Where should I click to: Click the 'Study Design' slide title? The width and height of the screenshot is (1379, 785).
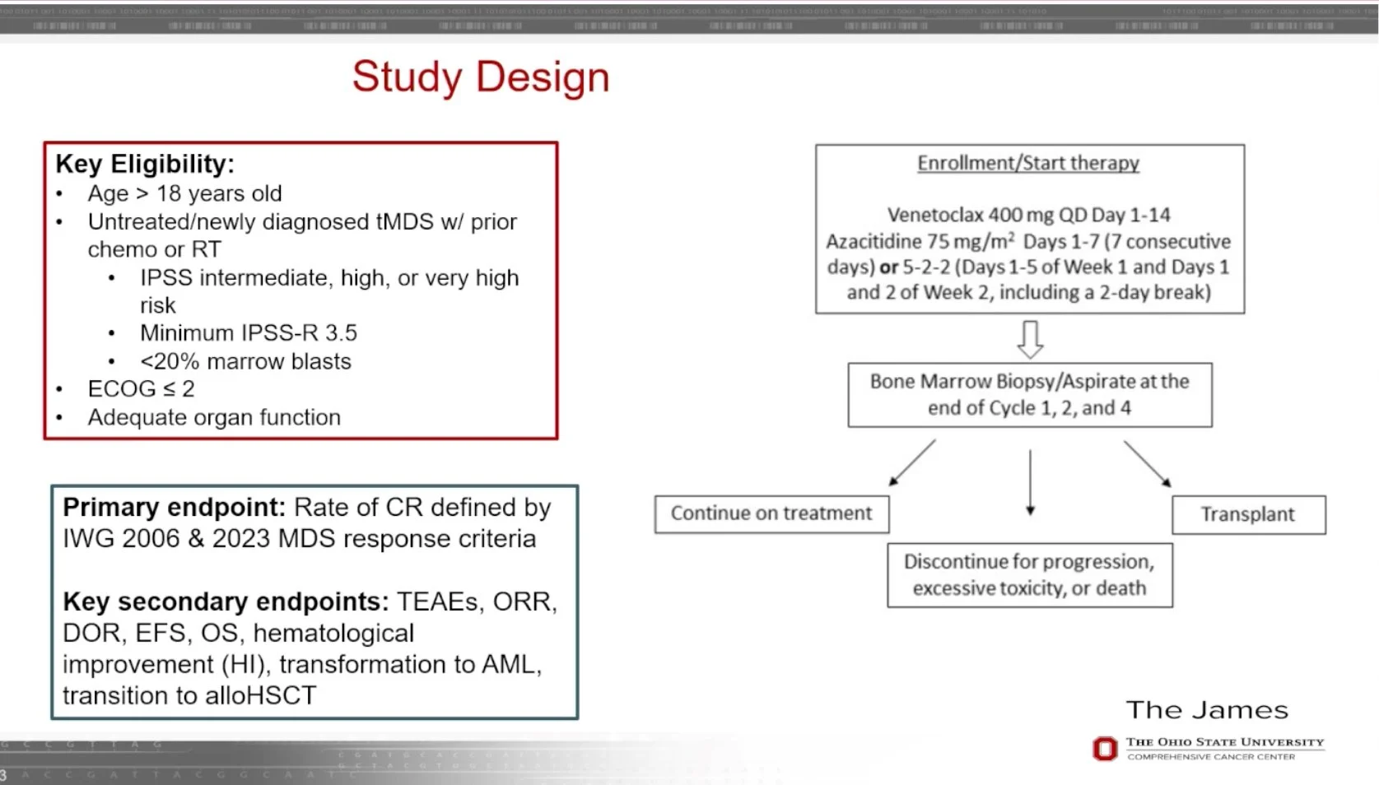tap(481, 77)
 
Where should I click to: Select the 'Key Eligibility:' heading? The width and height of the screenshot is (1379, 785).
tap(145, 164)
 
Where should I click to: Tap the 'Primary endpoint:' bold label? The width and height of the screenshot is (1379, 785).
tap(174, 507)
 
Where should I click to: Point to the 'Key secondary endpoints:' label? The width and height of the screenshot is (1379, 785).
tap(226, 602)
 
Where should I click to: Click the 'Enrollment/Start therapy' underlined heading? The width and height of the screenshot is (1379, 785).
tap(1028, 163)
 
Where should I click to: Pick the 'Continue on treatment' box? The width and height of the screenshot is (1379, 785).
tap(771, 513)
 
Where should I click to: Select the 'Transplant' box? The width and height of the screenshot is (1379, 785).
tap(1248, 514)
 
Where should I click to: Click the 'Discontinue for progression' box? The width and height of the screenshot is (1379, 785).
tap(1029, 574)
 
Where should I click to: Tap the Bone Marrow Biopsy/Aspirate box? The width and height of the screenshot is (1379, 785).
tap(1029, 394)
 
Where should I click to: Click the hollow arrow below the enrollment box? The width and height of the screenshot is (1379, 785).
tap(1030, 338)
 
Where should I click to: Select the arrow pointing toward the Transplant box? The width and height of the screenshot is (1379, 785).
tap(1147, 462)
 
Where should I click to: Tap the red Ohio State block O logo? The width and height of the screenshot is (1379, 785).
tap(1105, 748)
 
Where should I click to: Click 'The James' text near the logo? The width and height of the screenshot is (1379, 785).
tap(1207, 710)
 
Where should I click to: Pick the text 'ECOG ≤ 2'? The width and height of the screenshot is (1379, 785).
tap(142, 389)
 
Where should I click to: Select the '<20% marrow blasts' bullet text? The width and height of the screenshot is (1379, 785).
tap(245, 361)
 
